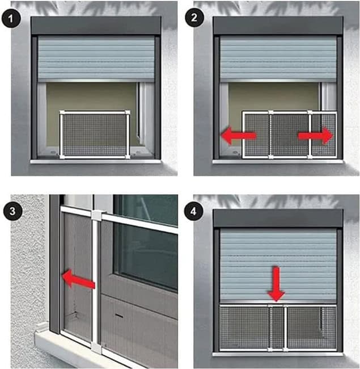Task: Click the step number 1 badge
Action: [11, 19]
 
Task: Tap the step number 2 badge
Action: [194, 18]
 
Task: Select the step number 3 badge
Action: [12, 211]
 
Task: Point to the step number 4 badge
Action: [193, 211]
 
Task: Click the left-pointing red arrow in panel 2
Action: [239, 136]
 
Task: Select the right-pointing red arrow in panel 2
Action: [316, 136]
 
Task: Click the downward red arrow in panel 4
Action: [276, 284]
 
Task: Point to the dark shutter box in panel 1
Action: [96, 26]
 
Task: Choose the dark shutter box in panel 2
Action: [278, 26]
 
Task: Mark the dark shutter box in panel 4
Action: [278, 218]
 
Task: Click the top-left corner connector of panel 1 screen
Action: [62, 112]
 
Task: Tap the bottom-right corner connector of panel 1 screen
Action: [128, 157]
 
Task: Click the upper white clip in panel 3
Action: [96, 215]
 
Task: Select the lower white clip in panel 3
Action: [96, 347]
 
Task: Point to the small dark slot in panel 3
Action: [119, 316]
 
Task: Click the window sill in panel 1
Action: [95, 161]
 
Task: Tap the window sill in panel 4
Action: [278, 354]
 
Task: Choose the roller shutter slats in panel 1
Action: [96, 58]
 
